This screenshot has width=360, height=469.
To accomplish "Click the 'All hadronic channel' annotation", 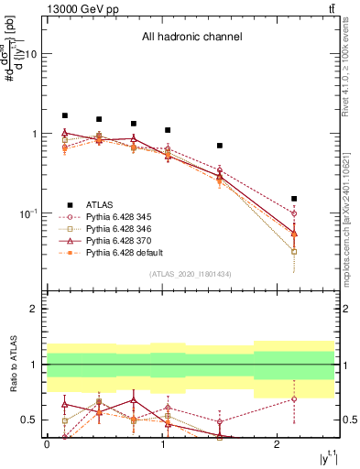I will pyautogui.click(x=191, y=38).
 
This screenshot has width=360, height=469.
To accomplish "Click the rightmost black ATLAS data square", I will pyautogui.click(x=294, y=199).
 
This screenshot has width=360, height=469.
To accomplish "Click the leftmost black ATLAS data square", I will pyautogui.click(x=64, y=116).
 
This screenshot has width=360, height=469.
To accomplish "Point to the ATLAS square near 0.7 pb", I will pyautogui.click(x=220, y=146).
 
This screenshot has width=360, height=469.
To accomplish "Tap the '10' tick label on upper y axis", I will pyautogui.click(x=29, y=53).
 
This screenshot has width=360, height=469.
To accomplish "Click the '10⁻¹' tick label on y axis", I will pyautogui.click(x=27, y=213).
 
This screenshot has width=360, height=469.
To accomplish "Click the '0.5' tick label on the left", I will pyautogui.click(x=29, y=420).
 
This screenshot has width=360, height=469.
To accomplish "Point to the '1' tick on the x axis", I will pyautogui.click(x=162, y=444).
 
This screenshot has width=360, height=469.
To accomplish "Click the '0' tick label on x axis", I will pyautogui.click(x=47, y=444).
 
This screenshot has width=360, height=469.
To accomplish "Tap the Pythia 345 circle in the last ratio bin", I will pyautogui.click(x=294, y=398).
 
